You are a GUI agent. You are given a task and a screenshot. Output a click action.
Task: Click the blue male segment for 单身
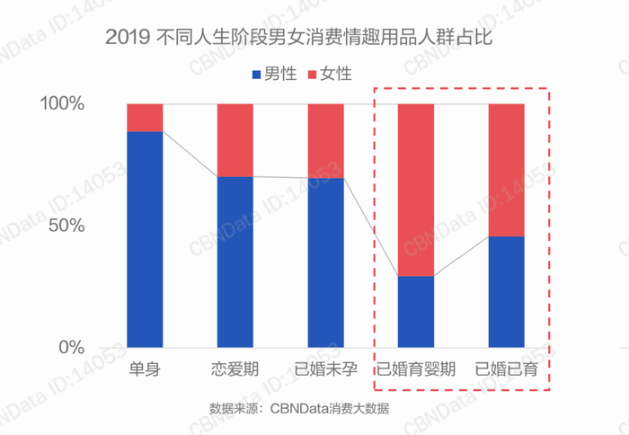pos(145,239)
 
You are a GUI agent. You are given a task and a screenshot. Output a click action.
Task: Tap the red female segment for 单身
pos(145,118)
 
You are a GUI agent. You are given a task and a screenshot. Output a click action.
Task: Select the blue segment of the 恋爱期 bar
pos(235,262)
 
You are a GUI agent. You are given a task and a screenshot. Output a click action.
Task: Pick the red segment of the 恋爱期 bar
pos(235,140)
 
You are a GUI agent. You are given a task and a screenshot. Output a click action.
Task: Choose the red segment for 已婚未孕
pos(326,141)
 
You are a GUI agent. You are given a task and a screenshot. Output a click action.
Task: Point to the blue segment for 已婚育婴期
pos(416,311)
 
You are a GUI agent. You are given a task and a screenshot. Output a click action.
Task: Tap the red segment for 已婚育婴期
pos(416,190)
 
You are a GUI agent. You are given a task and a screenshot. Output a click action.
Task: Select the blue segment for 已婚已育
pos(506,291)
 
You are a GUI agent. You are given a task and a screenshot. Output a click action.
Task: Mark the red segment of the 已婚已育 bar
pos(506,170)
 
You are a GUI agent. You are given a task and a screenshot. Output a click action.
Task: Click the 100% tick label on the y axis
pos(62,104)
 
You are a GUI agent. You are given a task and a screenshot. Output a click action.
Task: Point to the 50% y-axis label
pos(66,225)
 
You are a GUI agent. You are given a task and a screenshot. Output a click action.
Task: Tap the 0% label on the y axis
pos(70,347)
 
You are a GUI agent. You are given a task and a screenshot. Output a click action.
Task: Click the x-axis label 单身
pos(145,369)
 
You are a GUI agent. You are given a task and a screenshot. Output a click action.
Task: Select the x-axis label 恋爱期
pos(235,369)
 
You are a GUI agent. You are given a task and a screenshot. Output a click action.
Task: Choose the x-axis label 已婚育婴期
pos(416,369)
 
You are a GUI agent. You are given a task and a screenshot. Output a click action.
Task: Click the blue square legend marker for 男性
pos(257,74)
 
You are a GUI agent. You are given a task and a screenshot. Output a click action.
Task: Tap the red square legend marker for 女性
pos(314,74)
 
